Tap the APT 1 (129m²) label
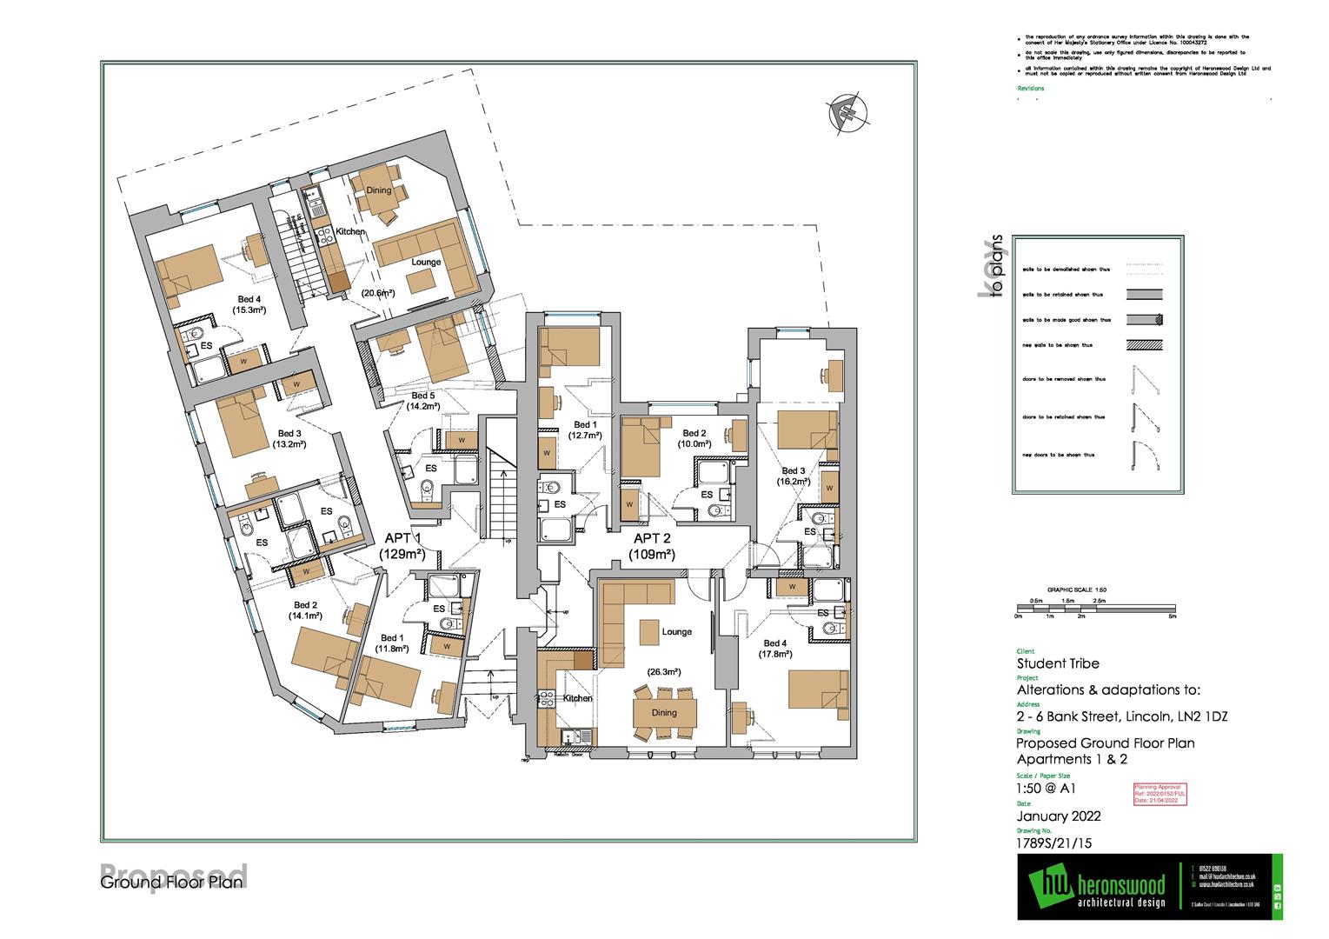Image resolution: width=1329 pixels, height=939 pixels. (x=401, y=546)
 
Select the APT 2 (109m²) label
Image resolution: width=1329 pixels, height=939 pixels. (x=654, y=546)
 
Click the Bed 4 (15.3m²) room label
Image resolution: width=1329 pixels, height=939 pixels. (x=249, y=303)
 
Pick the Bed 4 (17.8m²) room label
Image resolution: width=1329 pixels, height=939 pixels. (x=773, y=649)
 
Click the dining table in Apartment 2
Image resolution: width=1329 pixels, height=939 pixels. (x=665, y=712)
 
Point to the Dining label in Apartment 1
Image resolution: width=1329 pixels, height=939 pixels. (x=378, y=190)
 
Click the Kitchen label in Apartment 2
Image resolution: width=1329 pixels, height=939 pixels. (x=577, y=698)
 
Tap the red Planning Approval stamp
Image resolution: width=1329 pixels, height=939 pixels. (x=1160, y=793)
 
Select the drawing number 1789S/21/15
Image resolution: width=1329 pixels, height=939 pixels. (x=1052, y=841)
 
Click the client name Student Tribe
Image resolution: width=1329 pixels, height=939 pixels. (x=1058, y=663)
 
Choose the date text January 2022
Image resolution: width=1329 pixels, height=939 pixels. (x=1059, y=816)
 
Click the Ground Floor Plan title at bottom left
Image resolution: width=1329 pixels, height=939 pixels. (x=173, y=883)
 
